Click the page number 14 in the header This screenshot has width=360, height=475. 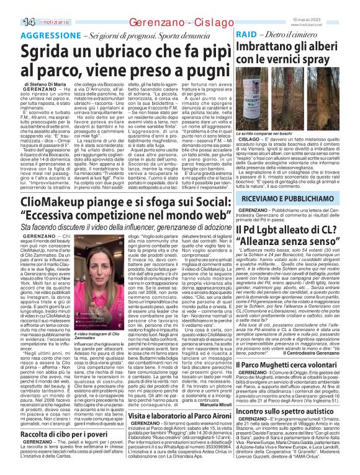[12, 22]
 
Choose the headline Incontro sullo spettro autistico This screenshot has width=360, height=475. [290, 428]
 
